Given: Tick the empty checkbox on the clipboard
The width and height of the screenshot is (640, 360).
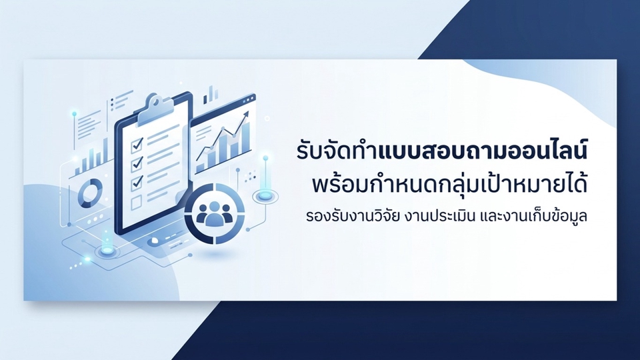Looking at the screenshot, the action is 136,201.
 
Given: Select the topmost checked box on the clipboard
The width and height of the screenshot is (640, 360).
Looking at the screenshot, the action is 137,145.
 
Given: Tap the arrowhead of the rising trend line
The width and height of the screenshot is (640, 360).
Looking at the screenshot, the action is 246,115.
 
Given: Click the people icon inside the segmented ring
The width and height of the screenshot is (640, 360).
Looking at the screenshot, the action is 214,213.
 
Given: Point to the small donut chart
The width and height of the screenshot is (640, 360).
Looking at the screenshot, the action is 90,193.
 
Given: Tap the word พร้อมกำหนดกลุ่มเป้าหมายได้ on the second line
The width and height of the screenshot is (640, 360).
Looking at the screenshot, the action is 450,184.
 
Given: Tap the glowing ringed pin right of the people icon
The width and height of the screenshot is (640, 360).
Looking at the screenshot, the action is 265,196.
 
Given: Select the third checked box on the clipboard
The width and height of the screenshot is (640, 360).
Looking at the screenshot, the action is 136,182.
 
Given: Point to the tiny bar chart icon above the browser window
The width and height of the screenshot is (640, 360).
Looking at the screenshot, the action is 210,95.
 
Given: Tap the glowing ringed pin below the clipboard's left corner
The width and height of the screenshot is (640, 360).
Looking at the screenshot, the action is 107,250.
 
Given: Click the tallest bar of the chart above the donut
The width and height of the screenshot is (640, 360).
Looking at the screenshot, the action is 106,152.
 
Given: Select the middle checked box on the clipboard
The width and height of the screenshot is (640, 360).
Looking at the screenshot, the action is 136,164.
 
